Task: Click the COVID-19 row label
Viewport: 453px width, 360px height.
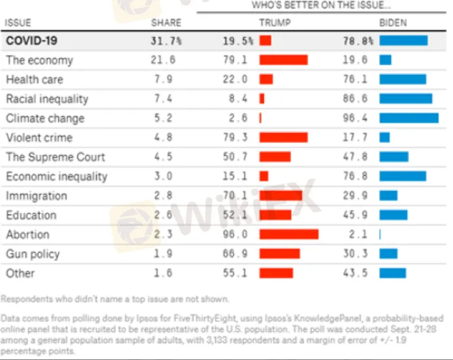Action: pos(31,40)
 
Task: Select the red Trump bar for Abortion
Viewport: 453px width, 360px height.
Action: pos(289,234)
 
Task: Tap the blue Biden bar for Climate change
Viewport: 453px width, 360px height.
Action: pos(409,118)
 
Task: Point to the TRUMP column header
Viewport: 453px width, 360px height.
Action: pos(275,23)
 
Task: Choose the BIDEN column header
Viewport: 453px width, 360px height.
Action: pos(392,23)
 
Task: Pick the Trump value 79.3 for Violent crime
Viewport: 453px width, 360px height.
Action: pos(235,138)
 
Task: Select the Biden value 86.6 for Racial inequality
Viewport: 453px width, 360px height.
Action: pos(355,98)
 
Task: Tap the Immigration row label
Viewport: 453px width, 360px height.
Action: pos(37,196)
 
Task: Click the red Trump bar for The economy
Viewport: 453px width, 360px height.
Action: pos(284,60)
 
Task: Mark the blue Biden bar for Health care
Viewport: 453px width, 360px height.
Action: pos(402,79)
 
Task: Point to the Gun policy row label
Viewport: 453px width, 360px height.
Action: pos(33,254)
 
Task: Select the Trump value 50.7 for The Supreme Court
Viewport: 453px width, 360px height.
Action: pos(235,157)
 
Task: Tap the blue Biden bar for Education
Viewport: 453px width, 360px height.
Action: pos(393,215)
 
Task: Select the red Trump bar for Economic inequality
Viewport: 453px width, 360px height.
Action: pos(264,176)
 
